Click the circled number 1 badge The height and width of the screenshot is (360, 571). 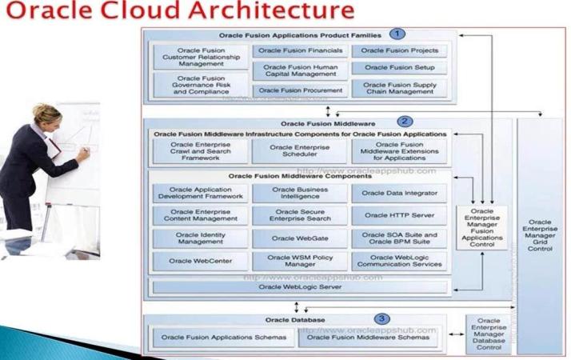click(x=397, y=34)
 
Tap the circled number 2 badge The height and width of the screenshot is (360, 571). click(x=406, y=122)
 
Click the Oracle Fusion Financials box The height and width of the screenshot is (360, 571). click(x=300, y=50)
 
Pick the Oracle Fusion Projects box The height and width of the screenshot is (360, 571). click(x=400, y=50)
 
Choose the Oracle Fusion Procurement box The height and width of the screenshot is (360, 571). click(x=300, y=90)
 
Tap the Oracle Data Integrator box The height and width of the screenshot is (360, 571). click(x=400, y=193)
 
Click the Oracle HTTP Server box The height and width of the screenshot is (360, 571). click(x=400, y=215)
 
